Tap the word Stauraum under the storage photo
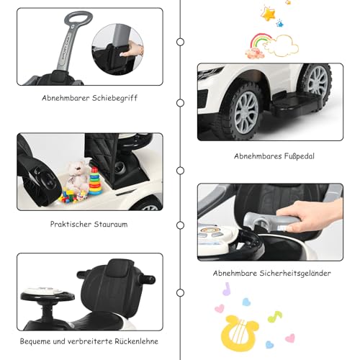pos(109,224)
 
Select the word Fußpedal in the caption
pos(289,156)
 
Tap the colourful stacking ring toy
pos(95,181)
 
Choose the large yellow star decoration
pos(270,14)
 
